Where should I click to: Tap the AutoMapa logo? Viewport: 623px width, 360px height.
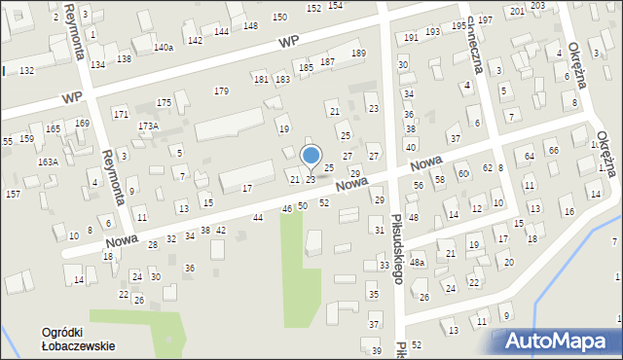561,340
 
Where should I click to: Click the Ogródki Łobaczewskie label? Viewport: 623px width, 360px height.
78,339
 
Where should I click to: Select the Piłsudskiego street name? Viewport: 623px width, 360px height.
396,249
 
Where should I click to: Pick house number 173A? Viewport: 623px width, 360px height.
148,126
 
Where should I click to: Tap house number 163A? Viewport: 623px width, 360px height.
48,162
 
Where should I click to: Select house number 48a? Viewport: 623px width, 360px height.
418,263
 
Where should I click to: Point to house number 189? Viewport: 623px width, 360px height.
358,54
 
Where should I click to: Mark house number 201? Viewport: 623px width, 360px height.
515,10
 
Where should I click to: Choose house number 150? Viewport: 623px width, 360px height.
279,18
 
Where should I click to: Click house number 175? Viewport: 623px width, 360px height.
165,102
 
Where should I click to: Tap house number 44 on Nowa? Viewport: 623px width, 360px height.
258,218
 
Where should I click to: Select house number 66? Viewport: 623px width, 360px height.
553,151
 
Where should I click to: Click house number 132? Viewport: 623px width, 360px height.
27,71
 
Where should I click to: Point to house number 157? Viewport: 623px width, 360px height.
13,195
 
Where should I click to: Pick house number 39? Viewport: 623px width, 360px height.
377,351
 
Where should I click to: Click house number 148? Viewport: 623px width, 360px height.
250,25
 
